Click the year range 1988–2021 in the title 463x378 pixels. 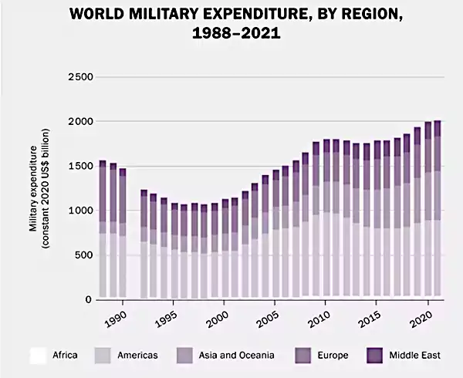tap(231, 34)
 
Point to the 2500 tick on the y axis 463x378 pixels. tap(80, 77)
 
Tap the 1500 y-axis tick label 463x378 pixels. tap(80, 167)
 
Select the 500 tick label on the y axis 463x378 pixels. tap(83, 255)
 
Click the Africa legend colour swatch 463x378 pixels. tap(37, 356)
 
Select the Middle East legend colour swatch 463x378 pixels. tap(375, 356)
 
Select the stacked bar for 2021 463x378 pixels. tap(438, 209)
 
